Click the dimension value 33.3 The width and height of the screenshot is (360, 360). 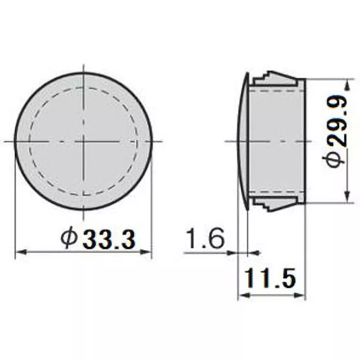108,239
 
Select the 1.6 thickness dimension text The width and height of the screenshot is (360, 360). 204,239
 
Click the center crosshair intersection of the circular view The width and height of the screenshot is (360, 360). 84,141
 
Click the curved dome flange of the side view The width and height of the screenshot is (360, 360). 242,141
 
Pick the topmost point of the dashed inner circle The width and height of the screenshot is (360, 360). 84,88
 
